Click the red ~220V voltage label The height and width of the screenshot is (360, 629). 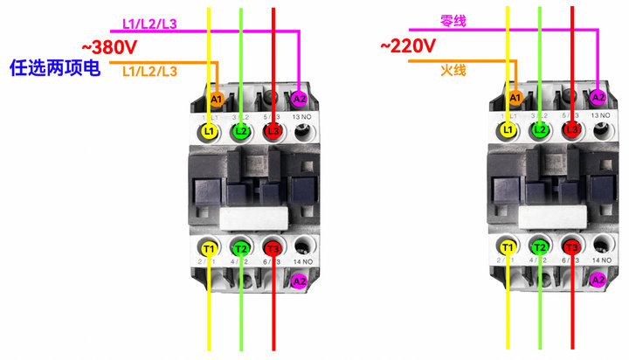tap(409, 45)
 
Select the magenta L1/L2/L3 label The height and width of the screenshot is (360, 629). tap(149, 24)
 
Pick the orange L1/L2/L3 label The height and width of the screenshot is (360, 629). tap(149, 70)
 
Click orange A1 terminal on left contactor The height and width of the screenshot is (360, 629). tap(217, 98)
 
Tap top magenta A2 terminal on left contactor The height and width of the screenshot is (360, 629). tap(300, 98)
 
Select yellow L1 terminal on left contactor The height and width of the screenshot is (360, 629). tap(208, 131)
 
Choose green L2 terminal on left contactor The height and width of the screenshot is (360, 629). tap(241, 131)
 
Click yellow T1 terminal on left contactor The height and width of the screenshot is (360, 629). tap(208, 247)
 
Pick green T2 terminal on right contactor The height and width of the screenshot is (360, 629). tap(540, 247)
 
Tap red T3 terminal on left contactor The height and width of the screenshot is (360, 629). tap(273, 247)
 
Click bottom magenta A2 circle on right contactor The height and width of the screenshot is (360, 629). tap(598, 280)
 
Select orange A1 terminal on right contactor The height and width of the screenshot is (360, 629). tap(515, 97)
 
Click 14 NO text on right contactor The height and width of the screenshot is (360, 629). tap(600, 260)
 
